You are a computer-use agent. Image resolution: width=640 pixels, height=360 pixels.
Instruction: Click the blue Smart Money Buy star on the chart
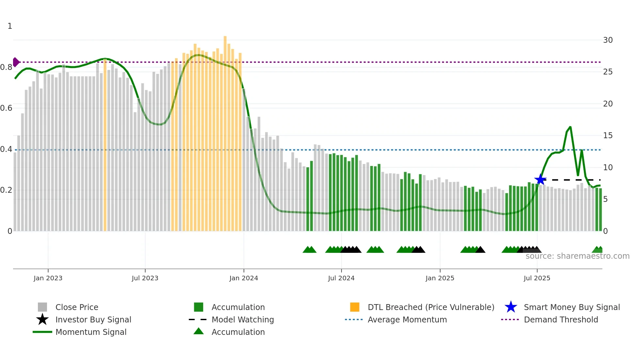pyautogui.click(x=540, y=179)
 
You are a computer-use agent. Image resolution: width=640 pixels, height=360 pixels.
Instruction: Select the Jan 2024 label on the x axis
pyautogui.click(x=244, y=278)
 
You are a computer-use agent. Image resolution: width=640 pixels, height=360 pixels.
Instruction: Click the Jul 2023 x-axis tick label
pyautogui.click(x=145, y=278)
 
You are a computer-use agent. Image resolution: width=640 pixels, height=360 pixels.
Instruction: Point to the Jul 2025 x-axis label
pyautogui.click(x=537, y=278)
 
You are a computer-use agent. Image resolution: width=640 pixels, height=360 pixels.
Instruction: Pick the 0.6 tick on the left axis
pyautogui.click(x=6, y=108)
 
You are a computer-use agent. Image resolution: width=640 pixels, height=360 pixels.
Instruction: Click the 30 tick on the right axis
pyautogui.click(x=608, y=40)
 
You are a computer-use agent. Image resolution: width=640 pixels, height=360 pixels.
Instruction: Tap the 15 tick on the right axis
pyautogui.click(x=608, y=136)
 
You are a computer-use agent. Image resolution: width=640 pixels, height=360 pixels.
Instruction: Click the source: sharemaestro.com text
pyautogui.click(x=577, y=256)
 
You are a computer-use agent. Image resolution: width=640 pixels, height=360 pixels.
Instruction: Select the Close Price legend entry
pyautogui.click(x=77, y=307)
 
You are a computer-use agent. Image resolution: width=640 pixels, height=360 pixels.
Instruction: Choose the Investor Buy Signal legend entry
pyautogui.click(x=93, y=319)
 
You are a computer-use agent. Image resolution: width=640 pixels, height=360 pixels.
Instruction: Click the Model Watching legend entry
pyautogui.click(x=243, y=319)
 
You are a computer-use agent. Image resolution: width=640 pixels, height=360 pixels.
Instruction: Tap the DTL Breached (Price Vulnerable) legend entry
pyautogui.click(x=431, y=307)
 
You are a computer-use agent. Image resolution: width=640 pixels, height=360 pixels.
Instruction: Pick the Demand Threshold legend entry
pyautogui.click(x=561, y=319)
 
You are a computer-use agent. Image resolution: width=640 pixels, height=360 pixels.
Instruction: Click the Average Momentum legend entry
pyautogui.click(x=407, y=319)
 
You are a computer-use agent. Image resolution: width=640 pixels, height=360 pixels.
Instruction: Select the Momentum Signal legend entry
pyautogui.click(x=91, y=332)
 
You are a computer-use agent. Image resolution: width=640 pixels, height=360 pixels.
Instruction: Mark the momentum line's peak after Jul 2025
pyautogui.click(x=570, y=127)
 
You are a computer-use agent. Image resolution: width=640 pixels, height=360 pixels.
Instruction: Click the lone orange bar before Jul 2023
pyautogui.click(x=105, y=147)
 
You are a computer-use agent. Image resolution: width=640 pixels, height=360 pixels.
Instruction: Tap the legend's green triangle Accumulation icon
pyautogui.click(x=199, y=331)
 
